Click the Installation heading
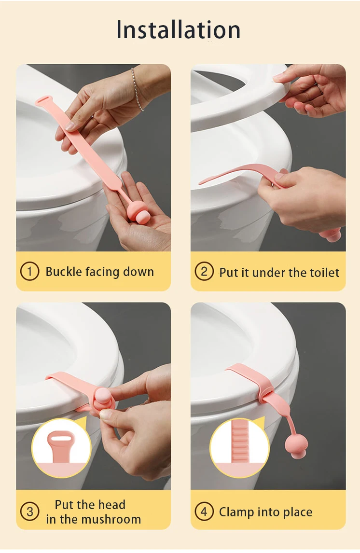point(179,30)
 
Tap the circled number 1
point(30,271)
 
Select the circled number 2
point(204,271)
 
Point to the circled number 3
point(30,512)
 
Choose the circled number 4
point(204,512)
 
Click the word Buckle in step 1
point(64,272)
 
